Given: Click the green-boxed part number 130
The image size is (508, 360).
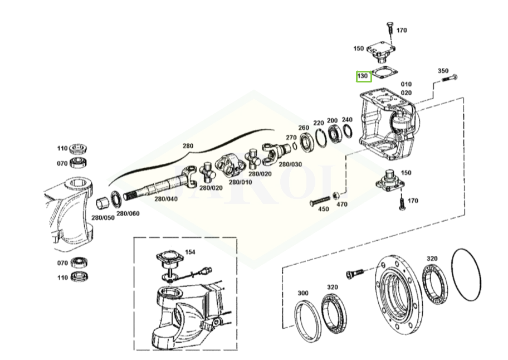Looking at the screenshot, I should pyautogui.click(x=363, y=75).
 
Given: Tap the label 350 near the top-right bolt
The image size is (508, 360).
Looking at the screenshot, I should pyautogui.click(x=443, y=71).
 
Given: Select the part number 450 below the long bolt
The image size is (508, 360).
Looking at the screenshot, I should pyautogui.click(x=323, y=209).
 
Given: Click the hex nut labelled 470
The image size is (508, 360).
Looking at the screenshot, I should pyautogui.click(x=336, y=195).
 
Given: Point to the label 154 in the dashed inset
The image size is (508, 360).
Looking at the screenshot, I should pyautogui.click(x=190, y=252).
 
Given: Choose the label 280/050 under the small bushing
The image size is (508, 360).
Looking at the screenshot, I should pyautogui.click(x=102, y=217).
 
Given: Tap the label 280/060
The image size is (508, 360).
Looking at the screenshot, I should pyautogui.click(x=128, y=213).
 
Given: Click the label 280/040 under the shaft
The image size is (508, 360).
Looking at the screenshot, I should pyautogui.click(x=166, y=199).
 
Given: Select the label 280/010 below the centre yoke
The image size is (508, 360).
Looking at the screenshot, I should pyautogui.click(x=241, y=182).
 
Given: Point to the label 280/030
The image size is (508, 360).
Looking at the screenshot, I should pyautogui.click(x=290, y=164).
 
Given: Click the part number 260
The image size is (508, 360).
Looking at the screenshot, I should pyautogui.click(x=304, y=128).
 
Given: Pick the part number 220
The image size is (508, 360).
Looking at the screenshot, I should pyautogui.click(x=319, y=123).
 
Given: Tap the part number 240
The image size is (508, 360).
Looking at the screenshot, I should pyautogui.click(x=347, y=120).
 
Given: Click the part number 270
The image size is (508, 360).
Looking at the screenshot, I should pyautogui.click(x=291, y=137).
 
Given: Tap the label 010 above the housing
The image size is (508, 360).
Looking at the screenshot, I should pyautogui.click(x=406, y=84).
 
